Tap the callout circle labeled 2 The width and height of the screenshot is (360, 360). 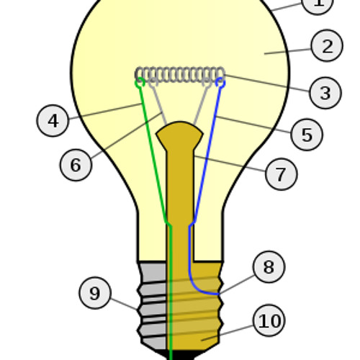pyautogui.click(x=327, y=45)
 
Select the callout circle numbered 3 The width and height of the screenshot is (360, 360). pyautogui.click(x=325, y=93)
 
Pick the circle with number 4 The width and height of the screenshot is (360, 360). pyautogui.click(x=53, y=121)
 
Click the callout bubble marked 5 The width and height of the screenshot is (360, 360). pyautogui.click(x=307, y=135)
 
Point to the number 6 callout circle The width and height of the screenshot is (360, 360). pyautogui.click(x=76, y=165)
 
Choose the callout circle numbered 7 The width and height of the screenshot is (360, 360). pyautogui.click(x=282, y=174)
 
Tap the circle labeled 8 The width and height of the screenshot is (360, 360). pyautogui.click(x=269, y=267)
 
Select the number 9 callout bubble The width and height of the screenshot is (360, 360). pyautogui.click(x=95, y=293)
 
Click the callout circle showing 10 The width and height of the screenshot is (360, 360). pyautogui.click(x=269, y=320)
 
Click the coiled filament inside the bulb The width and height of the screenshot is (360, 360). pyautogui.click(x=180, y=75)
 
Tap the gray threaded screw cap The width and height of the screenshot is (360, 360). pyautogui.click(x=153, y=305)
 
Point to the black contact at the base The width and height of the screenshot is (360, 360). pyautogui.click(x=180, y=355)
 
